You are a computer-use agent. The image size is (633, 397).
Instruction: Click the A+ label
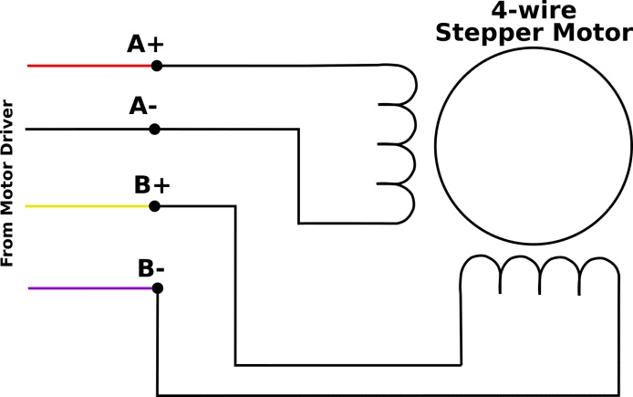(145, 44)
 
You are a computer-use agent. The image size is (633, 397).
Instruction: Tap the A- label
(144, 107)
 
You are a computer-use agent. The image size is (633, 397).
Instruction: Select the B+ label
(152, 184)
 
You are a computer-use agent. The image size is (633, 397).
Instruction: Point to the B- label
(151, 269)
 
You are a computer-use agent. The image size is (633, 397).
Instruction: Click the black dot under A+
(156, 66)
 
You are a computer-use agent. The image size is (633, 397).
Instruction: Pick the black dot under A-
(155, 130)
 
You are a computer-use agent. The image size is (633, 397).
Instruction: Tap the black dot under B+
(155, 206)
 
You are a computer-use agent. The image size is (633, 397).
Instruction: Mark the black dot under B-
(157, 287)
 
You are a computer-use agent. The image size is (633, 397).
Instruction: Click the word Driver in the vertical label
(8, 127)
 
